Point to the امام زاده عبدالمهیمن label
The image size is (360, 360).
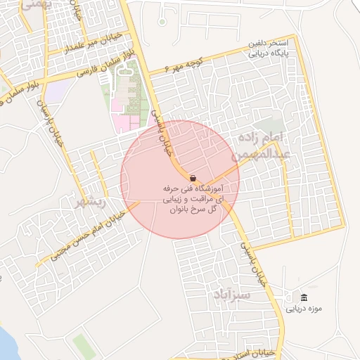point(264,143)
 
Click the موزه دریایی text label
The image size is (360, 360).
point(303,307)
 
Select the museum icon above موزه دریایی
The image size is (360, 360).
point(303,297)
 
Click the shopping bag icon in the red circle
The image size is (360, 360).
point(193,179)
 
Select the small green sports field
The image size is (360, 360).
point(82,347)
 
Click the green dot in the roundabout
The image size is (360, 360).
point(162,21)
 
